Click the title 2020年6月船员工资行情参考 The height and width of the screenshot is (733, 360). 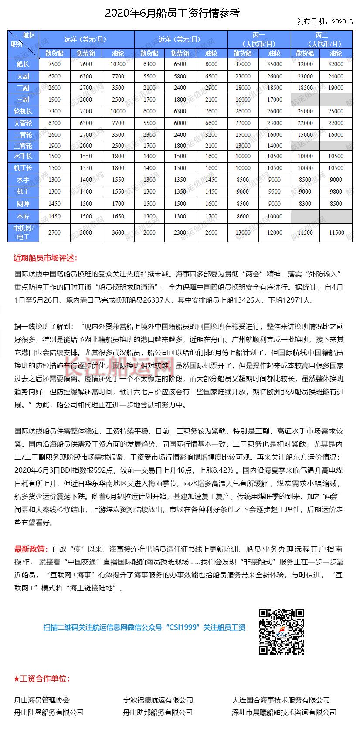172,13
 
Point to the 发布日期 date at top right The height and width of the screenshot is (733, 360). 325,22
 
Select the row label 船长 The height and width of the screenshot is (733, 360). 23,64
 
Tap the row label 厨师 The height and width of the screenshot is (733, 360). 23,203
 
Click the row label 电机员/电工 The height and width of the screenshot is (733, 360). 23,232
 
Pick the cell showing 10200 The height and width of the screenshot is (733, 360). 118,64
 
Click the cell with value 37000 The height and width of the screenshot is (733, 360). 243,64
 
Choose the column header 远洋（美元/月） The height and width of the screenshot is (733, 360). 86,39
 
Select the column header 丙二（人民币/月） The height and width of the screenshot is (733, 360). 321,39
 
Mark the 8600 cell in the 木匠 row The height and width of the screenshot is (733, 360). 243,216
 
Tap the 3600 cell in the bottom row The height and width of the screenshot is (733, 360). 118,232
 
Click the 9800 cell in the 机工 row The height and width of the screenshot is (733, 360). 336,191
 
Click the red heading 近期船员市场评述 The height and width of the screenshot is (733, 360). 45,258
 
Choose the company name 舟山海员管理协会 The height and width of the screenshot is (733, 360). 42,700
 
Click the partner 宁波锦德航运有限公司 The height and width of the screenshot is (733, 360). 158,700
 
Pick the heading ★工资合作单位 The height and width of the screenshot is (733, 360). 42,678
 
